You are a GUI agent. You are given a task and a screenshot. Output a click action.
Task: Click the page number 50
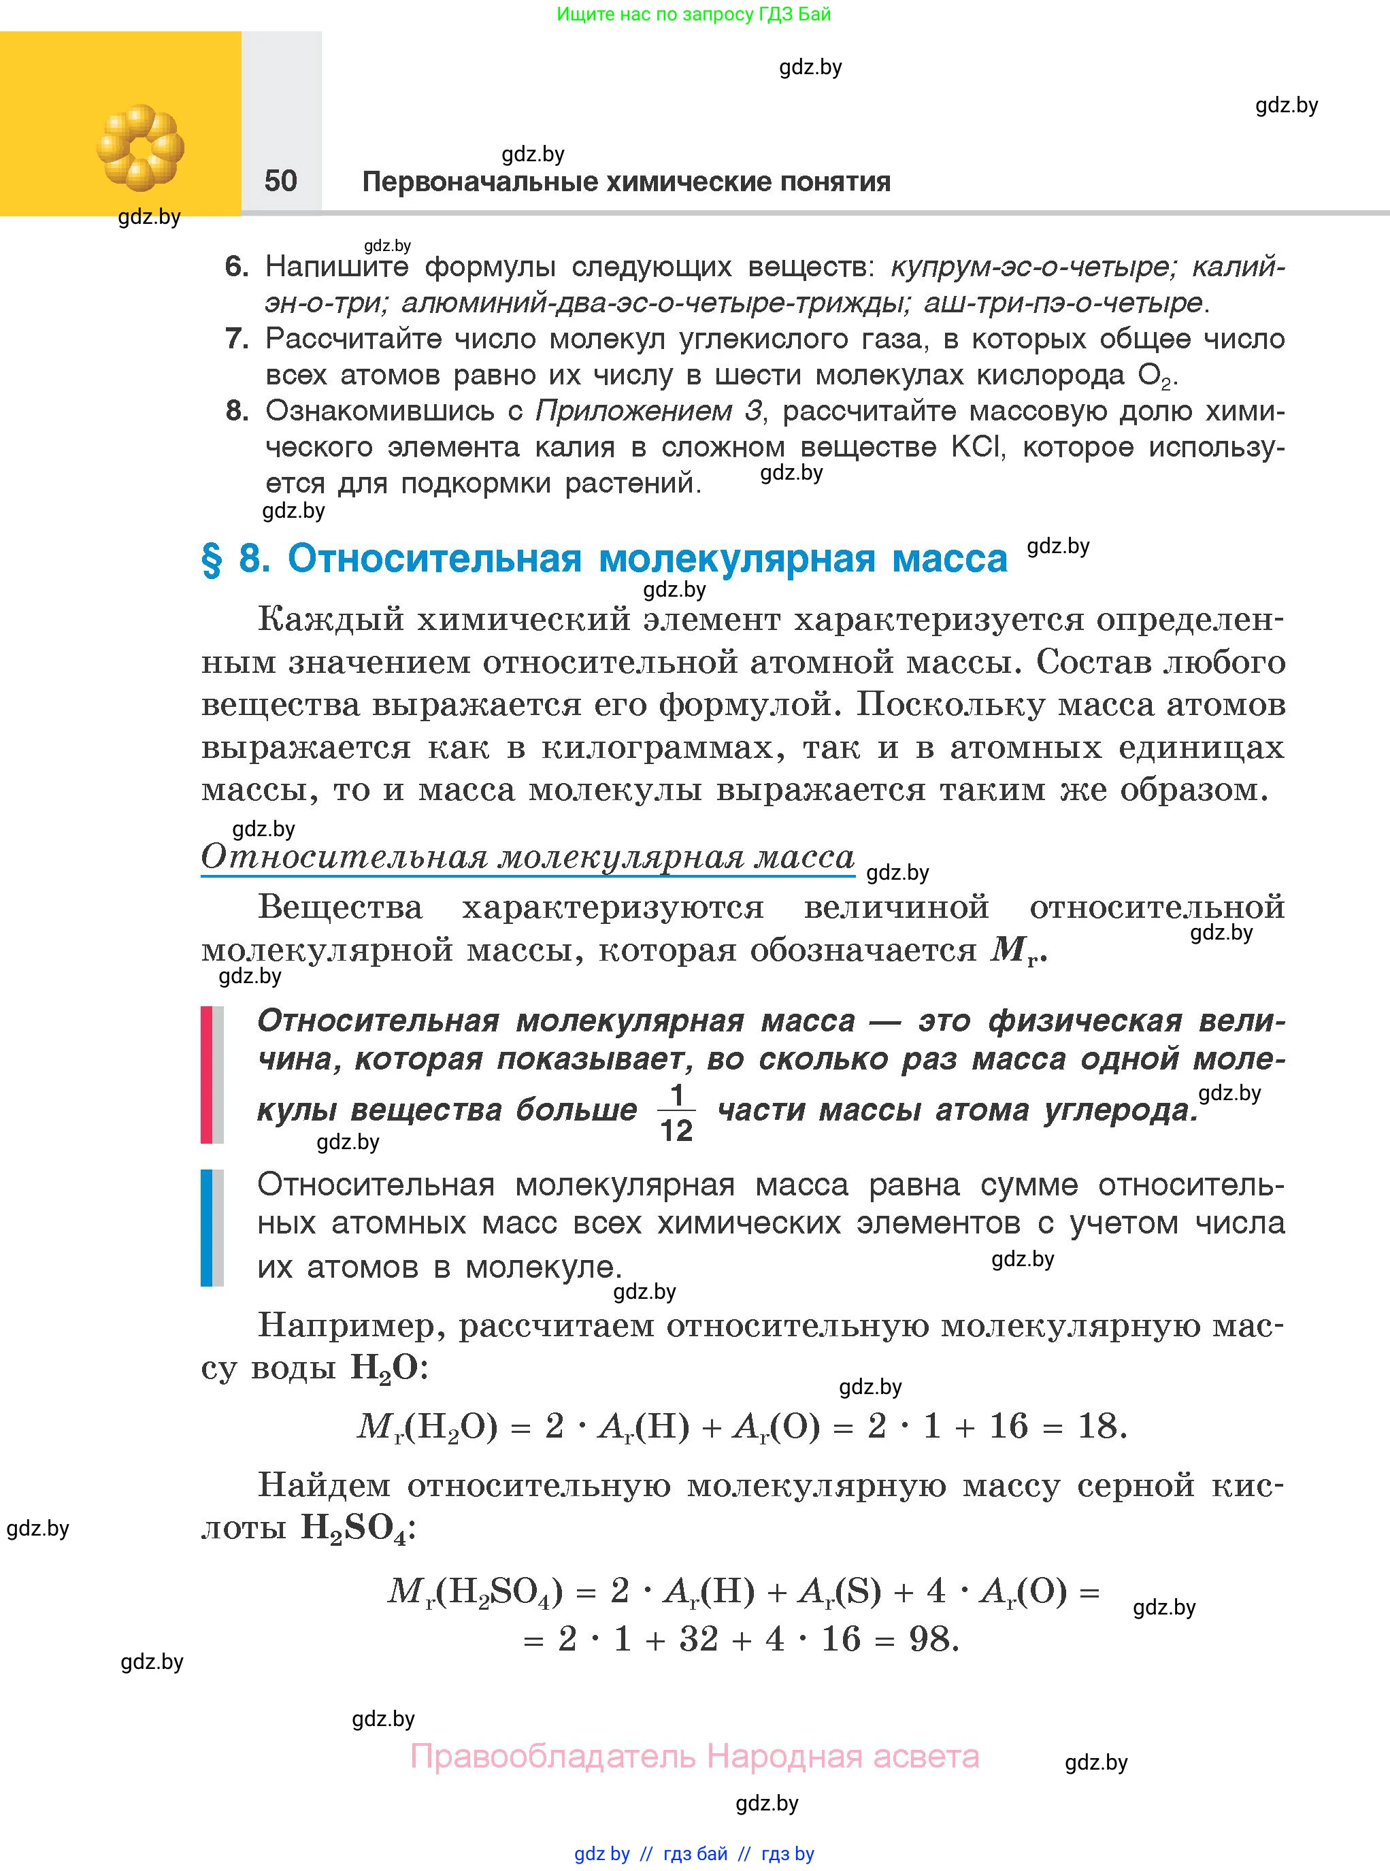280,181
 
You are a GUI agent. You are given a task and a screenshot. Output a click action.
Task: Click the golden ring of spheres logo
139,147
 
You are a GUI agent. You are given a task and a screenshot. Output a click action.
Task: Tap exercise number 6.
237,267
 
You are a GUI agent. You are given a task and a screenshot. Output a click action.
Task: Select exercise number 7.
237,339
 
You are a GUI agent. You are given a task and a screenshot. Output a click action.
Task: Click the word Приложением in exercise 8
633,412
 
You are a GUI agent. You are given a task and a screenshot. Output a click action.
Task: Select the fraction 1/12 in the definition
676,1112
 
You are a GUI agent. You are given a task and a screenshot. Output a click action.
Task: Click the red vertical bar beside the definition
206,1074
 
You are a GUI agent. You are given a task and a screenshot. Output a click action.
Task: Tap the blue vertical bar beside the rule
206,1227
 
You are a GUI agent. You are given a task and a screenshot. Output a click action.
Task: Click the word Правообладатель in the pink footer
553,1757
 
